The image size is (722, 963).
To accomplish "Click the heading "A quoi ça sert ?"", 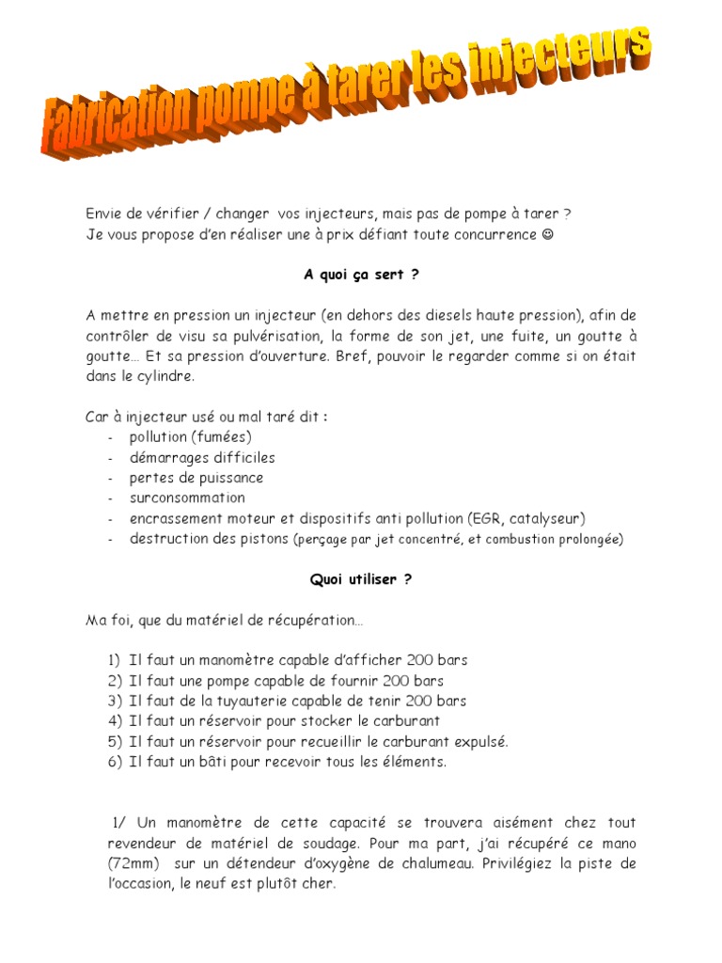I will [x=360, y=275].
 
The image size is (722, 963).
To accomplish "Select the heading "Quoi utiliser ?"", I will [x=360, y=579].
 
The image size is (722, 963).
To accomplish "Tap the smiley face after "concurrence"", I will [x=549, y=234].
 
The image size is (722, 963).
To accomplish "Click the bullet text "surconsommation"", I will [x=187, y=498].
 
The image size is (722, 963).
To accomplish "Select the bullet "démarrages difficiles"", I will [x=202, y=458].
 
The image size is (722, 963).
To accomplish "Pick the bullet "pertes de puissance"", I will [x=196, y=478].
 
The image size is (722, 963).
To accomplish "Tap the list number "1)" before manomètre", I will [x=115, y=660].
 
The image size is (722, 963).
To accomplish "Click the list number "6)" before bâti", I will [x=115, y=762].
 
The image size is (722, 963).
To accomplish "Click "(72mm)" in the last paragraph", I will [x=133, y=864].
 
